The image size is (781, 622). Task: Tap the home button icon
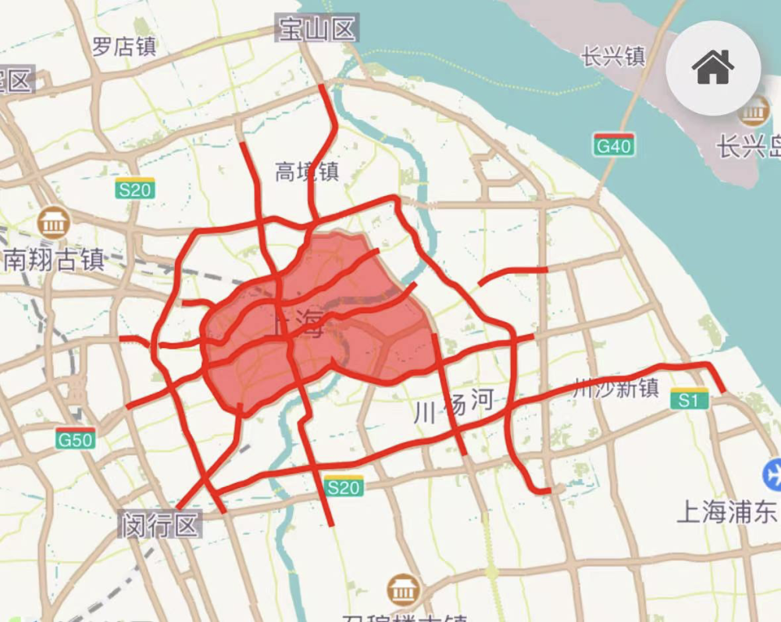click(712, 68)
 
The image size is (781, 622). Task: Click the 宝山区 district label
click(317, 30)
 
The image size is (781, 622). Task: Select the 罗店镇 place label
click(124, 46)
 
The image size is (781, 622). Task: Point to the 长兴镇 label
click(613, 56)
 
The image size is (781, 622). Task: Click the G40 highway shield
click(613, 145)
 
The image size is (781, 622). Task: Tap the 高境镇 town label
click(307, 171)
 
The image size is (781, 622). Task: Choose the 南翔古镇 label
click(54, 259)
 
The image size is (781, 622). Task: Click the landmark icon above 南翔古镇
click(53, 223)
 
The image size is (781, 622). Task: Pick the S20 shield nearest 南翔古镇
click(135, 188)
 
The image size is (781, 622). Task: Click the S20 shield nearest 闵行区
click(344, 487)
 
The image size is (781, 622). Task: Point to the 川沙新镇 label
click(616, 388)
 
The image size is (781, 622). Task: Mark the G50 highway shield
click(76, 439)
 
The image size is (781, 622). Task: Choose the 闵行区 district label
click(160, 524)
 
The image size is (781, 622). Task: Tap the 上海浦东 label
click(727, 512)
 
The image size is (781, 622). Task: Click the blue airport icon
click(773, 473)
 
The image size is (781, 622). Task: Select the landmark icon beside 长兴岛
click(754, 112)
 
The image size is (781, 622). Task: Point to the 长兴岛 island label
click(749, 146)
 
